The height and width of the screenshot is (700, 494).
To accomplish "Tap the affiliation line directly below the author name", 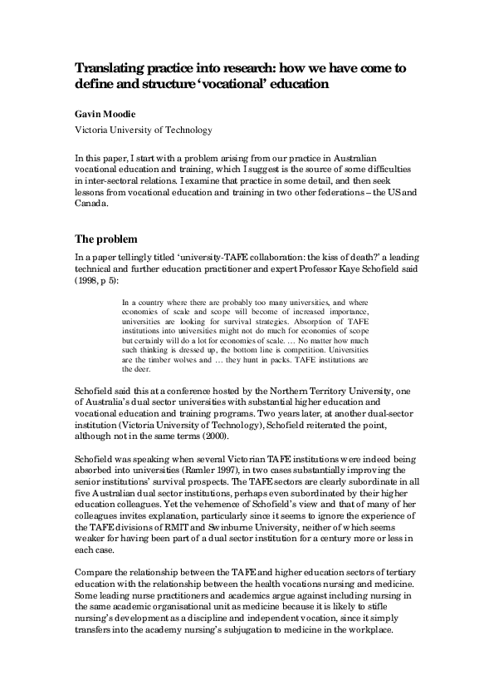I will [144, 130].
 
